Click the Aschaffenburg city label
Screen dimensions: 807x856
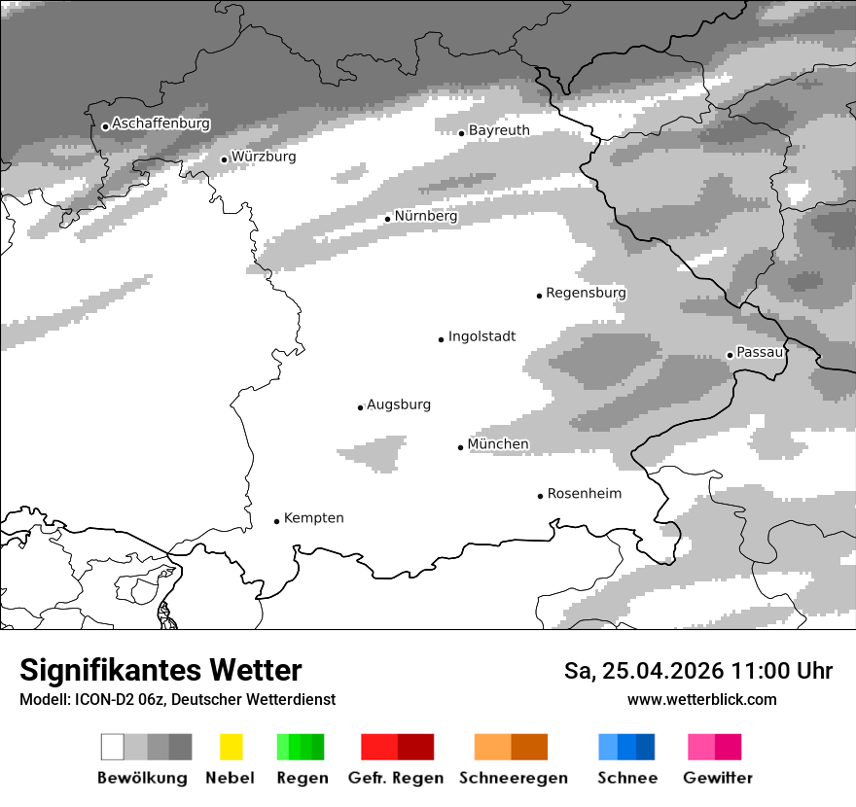[x=160, y=124]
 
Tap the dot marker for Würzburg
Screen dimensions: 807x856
[x=224, y=159]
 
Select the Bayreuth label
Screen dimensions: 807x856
[x=499, y=130]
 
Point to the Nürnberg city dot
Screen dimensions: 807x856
[x=387, y=219]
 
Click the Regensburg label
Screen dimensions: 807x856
[x=586, y=293]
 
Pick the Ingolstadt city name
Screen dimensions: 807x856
[x=481, y=337]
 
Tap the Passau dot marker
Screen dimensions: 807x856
[x=730, y=355]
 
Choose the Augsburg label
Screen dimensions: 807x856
[x=399, y=404]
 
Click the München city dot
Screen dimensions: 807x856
[x=461, y=447]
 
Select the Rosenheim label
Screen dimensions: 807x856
[x=584, y=494]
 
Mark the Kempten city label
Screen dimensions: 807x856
[x=313, y=518]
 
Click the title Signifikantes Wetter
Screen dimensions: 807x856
[x=160, y=671]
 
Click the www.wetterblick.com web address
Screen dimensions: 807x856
[x=701, y=699]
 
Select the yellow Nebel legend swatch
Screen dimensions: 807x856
[x=231, y=747]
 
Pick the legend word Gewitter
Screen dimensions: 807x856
[x=717, y=778]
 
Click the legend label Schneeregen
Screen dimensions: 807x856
[x=513, y=778]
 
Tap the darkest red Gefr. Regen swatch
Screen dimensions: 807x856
[x=415, y=747]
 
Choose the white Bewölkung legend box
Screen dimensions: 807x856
[x=113, y=747]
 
